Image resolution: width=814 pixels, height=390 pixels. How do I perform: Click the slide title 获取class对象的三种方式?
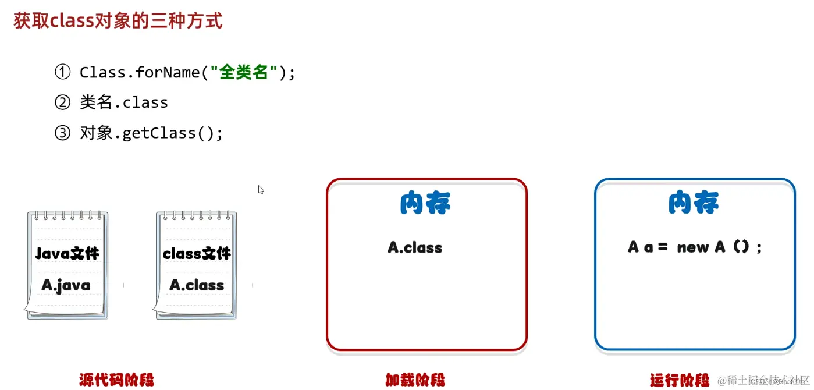pyautogui.click(x=118, y=21)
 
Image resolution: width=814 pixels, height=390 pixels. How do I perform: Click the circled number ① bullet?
pyautogui.click(x=62, y=72)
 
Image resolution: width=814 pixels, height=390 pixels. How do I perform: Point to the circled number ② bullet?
pyautogui.click(x=62, y=102)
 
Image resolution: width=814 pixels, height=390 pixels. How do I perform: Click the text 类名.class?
pyautogui.click(x=124, y=102)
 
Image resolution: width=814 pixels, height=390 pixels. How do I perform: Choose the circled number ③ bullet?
pyautogui.click(x=62, y=133)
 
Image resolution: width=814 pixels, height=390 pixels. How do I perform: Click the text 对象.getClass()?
pyautogui.click(x=151, y=133)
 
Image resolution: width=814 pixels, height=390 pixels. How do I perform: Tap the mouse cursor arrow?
pyautogui.click(x=261, y=189)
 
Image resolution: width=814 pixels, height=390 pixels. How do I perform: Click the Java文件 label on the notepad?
pyautogui.click(x=67, y=254)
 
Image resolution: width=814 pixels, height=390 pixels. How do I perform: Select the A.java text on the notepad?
pyautogui.click(x=66, y=285)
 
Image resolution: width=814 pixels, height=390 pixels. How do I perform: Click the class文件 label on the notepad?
pyautogui.click(x=197, y=254)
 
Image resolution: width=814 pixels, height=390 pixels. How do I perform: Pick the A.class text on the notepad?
pyautogui.click(x=197, y=285)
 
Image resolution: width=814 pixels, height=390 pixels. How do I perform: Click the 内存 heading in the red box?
pyautogui.click(x=426, y=203)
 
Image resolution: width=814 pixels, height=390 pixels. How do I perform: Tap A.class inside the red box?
pyautogui.click(x=415, y=247)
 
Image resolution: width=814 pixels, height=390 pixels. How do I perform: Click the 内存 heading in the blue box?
pyautogui.click(x=694, y=203)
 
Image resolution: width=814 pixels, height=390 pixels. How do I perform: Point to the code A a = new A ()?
pyautogui.click(x=695, y=247)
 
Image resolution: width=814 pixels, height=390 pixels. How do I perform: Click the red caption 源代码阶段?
pyautogui.click(x=116, y=380)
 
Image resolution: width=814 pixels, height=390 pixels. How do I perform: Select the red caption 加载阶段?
pyautogui.click(x=415, y=380)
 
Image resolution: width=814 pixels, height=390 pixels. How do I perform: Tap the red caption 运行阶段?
pyautogui.click(x=680, y=380)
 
